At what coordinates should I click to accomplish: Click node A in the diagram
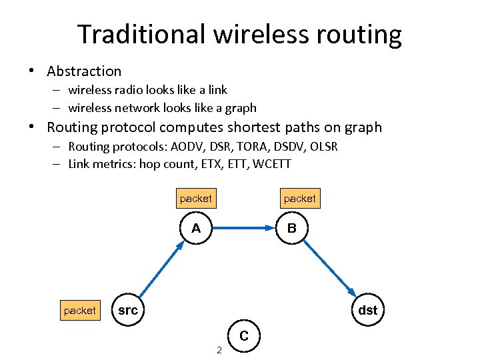point(195,229)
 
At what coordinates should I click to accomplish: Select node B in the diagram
point(292,229)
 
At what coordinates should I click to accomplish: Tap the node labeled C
point(243,337)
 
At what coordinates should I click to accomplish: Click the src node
point(127,310)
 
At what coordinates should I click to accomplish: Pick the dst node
point(367,310)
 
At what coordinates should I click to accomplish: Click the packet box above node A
point(195,199)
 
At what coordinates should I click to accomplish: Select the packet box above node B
point(299,199)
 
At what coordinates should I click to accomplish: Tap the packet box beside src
point(79,311)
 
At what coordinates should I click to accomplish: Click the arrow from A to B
point(243,229)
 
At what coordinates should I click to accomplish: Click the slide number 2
point(219,349)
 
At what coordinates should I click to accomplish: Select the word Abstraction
point(84,71)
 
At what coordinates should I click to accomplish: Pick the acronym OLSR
point(323,147)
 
